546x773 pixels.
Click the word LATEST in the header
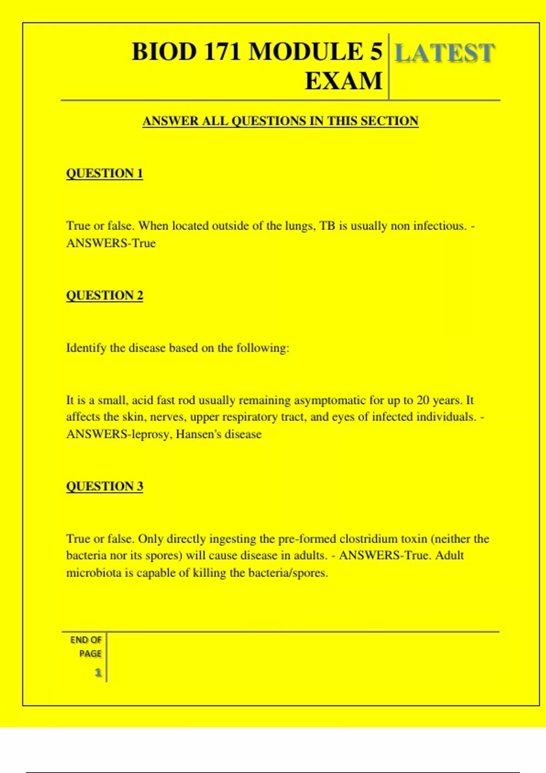point(444,53)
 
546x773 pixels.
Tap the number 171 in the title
point(222,51)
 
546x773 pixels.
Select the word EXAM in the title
point(344,81)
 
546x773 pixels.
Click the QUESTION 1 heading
point(104,173)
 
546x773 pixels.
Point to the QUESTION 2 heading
point(104,296)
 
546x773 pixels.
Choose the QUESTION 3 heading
point(104,487)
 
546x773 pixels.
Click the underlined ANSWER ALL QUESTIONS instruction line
point(280,121)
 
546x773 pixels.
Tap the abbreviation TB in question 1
point(327,226)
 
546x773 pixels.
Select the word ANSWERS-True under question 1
point(111,243)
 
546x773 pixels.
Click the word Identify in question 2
point(86,348)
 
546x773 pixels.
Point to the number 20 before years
point(423,400)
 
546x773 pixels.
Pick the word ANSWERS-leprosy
point(119,434)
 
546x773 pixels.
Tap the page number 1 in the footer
point(98,673)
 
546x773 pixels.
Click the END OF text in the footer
point(86,640)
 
